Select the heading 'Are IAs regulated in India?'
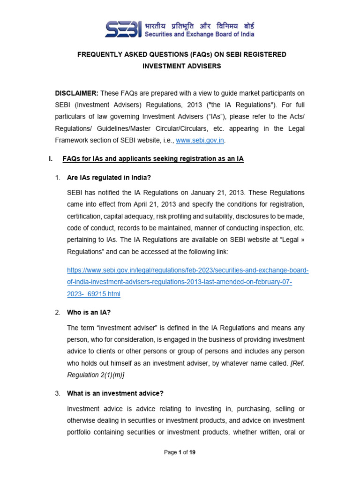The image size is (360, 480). point(109,178)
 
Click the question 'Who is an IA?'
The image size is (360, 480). point(89,312)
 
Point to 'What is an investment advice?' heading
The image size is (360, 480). point(115,393)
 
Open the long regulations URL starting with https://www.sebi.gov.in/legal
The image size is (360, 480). point(188,270)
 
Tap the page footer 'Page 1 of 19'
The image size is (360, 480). point(180,452)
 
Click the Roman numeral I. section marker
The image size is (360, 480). point(51,159)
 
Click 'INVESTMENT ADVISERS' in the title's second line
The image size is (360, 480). point(181,66)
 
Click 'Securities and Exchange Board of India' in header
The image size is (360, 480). point(200,34)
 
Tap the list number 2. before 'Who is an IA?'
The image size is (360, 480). point(58,312)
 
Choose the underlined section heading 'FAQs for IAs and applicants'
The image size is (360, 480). point(153,159)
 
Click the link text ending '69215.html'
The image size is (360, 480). point(94,294)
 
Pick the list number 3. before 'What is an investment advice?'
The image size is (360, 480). point(58,393)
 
